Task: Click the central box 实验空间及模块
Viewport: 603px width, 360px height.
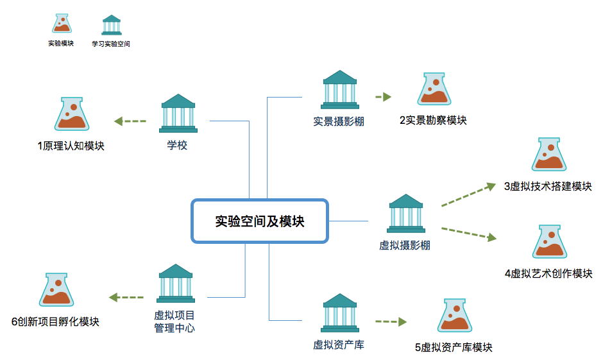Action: [259, 221]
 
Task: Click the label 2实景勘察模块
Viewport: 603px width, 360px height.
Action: [432, 120]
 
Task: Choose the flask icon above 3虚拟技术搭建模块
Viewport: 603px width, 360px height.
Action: [549, 155]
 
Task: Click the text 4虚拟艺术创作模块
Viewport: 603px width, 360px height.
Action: [548, 274]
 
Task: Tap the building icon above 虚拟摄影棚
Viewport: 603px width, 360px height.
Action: [405, 214]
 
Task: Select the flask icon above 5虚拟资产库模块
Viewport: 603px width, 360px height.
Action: [456, 317]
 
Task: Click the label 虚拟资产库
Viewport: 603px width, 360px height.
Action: [339, 345]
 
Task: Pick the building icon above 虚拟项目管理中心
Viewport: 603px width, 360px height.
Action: [175, 283]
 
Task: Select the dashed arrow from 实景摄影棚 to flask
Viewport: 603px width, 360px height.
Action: [383, 98]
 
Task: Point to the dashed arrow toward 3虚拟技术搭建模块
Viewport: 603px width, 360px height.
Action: [468, 196]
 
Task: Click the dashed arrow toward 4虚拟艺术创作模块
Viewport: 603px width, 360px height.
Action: [468, 233]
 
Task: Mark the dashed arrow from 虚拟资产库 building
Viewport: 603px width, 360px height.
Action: [391, 321]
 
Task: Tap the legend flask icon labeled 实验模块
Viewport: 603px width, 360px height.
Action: [62, 24]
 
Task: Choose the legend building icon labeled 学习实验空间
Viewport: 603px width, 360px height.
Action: [112, 25]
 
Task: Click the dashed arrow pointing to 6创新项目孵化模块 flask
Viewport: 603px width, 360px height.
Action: [126, 297]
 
